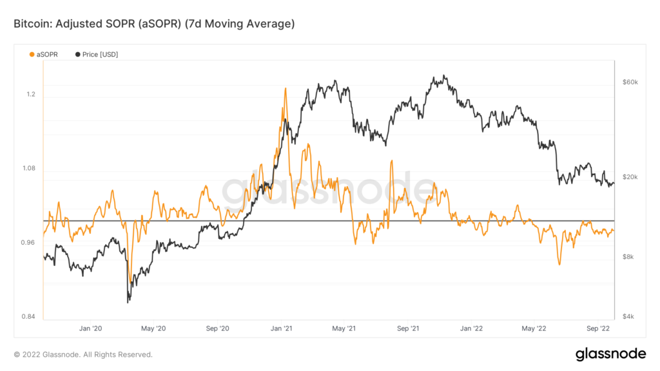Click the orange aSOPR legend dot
pyautogui.click(x=33, y=55)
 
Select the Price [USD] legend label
pyautogui.click(x=100, y=55)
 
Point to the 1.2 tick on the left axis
pyautogui.click(x=30, y=94)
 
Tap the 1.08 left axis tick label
pyautogui.click(x=28, y=169)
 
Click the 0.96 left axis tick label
pyautogui.click(x=28, y=243)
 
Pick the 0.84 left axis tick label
pyautogui.click(x=28, y=316)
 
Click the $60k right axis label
pyautogui.click(x=630, y=82)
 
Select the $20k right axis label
pyautogui.click(x=630, y=178)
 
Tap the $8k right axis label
pyautogui.click(x=628, y=257)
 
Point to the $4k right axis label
pyautogui.click(x=628, y=316)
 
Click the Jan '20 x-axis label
pyautogui.click(x=90, y=328)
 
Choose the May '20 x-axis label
pyautogui.click(x=153, y=328)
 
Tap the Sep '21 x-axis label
pyautogui.click(x=408, y=328)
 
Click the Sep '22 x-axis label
pyautogui.click(x=597, y=328)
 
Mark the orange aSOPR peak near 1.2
pyautogui.click(x=285, y=88)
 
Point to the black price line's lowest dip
pyautogui.click(x=128, y=301)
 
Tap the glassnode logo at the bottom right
pyautogui.click(x=610, y=354)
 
